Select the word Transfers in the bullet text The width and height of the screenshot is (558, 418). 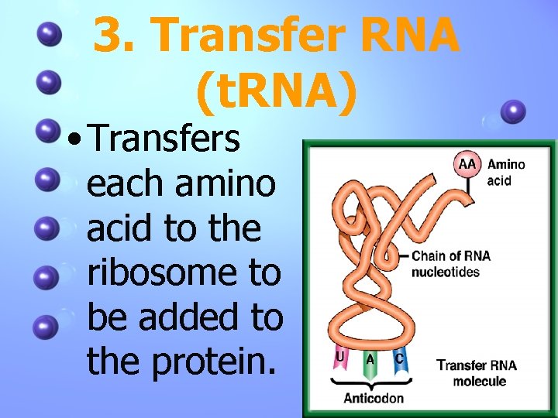(x=164, y=140)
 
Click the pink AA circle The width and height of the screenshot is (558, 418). (x=468, y=165)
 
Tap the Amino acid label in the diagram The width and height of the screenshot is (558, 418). (x=505, y=173)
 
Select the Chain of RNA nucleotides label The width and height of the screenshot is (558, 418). (x=450, y=264)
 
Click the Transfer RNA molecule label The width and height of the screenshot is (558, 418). (x=476, y=372)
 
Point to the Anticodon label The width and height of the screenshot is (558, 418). (x=374, y=398)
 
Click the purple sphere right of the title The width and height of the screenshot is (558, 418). (x=512, y=112)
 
